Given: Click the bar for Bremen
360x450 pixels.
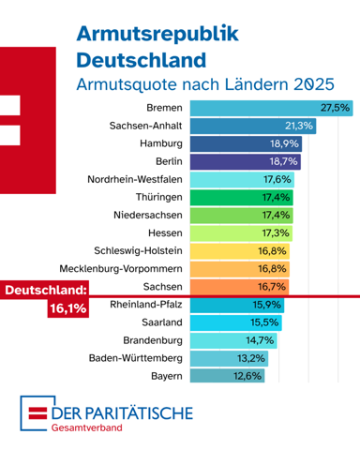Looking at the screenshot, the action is pyautogui.click(x=272, y=108).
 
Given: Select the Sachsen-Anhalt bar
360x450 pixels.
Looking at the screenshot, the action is pyautogui.click(x=253, y=126).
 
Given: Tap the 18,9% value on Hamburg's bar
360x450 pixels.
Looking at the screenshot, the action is pyautogui.click(x=284, y=143).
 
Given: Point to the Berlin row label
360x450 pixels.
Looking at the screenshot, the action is pyautogui.click(x=169, y=161).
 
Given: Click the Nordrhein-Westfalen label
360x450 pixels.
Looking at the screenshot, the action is pyautogui.click(x=135, y=179).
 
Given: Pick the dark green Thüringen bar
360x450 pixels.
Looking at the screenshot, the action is pyautogui.click(x=242, y=198).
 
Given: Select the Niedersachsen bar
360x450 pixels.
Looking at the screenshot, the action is pyautogui.click(x=242, y=216).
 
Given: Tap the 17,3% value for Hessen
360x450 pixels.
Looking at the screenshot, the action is pyautogui.click(x=276, y=233).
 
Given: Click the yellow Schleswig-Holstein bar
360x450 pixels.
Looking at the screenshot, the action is pyautogui.click(x=240, y=251).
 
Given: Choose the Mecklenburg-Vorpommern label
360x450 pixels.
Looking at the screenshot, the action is pyautogui.click(x=121, y=269).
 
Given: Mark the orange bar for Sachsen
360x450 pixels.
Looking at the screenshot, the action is pyautogui.click(x=239, y=287).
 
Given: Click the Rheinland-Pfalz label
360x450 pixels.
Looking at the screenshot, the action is pyautogui.click(x=146, y=305).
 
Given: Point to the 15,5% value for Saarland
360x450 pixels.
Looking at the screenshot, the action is pyautogui.click(x=264, y=322).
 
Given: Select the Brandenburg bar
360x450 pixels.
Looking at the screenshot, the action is pyautogui.click(x=233, y=340).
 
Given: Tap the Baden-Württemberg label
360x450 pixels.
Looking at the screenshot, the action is pyautogui.click(x=136, y=358).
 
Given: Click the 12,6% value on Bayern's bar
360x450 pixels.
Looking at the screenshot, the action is pyautogui.click(x=247, y=376).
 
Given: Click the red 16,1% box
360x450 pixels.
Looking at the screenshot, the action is pyautogui.click(x=68, y=308).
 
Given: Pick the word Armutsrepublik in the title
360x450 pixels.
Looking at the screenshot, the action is pyautogui.click(x=157, y=34).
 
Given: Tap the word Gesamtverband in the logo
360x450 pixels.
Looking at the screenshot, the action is pyautogui.click(x=87, y=427).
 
